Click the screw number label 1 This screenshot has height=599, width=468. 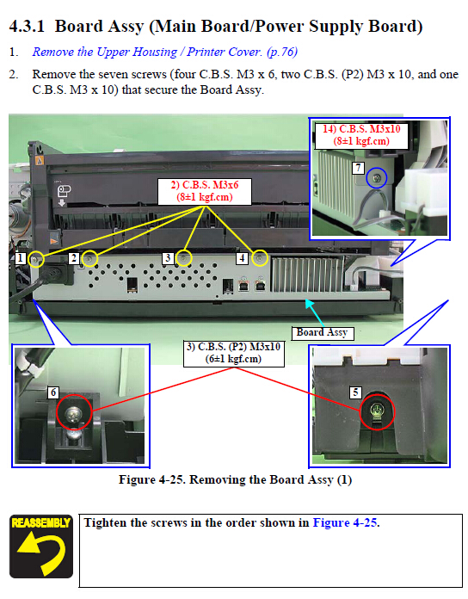pos(21,258)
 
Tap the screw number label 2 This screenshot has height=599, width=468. pos(74,258)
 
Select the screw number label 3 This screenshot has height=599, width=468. pos(168,258)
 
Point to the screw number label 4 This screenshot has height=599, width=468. pos(242,258)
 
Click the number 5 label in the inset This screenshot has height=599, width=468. pos(356,392)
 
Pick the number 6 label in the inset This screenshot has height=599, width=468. pos(53,392)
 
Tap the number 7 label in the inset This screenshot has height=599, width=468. pos(358,168)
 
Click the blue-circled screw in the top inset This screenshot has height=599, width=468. pos(377,178)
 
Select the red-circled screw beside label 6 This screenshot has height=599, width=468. pos(74,413)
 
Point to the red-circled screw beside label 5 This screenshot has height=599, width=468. pos(377,412)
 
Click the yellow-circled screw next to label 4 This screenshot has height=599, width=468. pos(260,259)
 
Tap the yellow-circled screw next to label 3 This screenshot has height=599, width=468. pos(183,258)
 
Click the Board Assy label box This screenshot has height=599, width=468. pos(322,333)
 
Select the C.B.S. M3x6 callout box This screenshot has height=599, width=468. pos(205,191)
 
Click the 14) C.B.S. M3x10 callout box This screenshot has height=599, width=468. pos(361,135)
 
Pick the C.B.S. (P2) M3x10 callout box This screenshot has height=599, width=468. pos(234,354)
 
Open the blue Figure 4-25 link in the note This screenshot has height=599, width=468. pos(346,522)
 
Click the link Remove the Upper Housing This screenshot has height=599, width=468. pos(105,52)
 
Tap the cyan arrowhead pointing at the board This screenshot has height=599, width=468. pos(310,304)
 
